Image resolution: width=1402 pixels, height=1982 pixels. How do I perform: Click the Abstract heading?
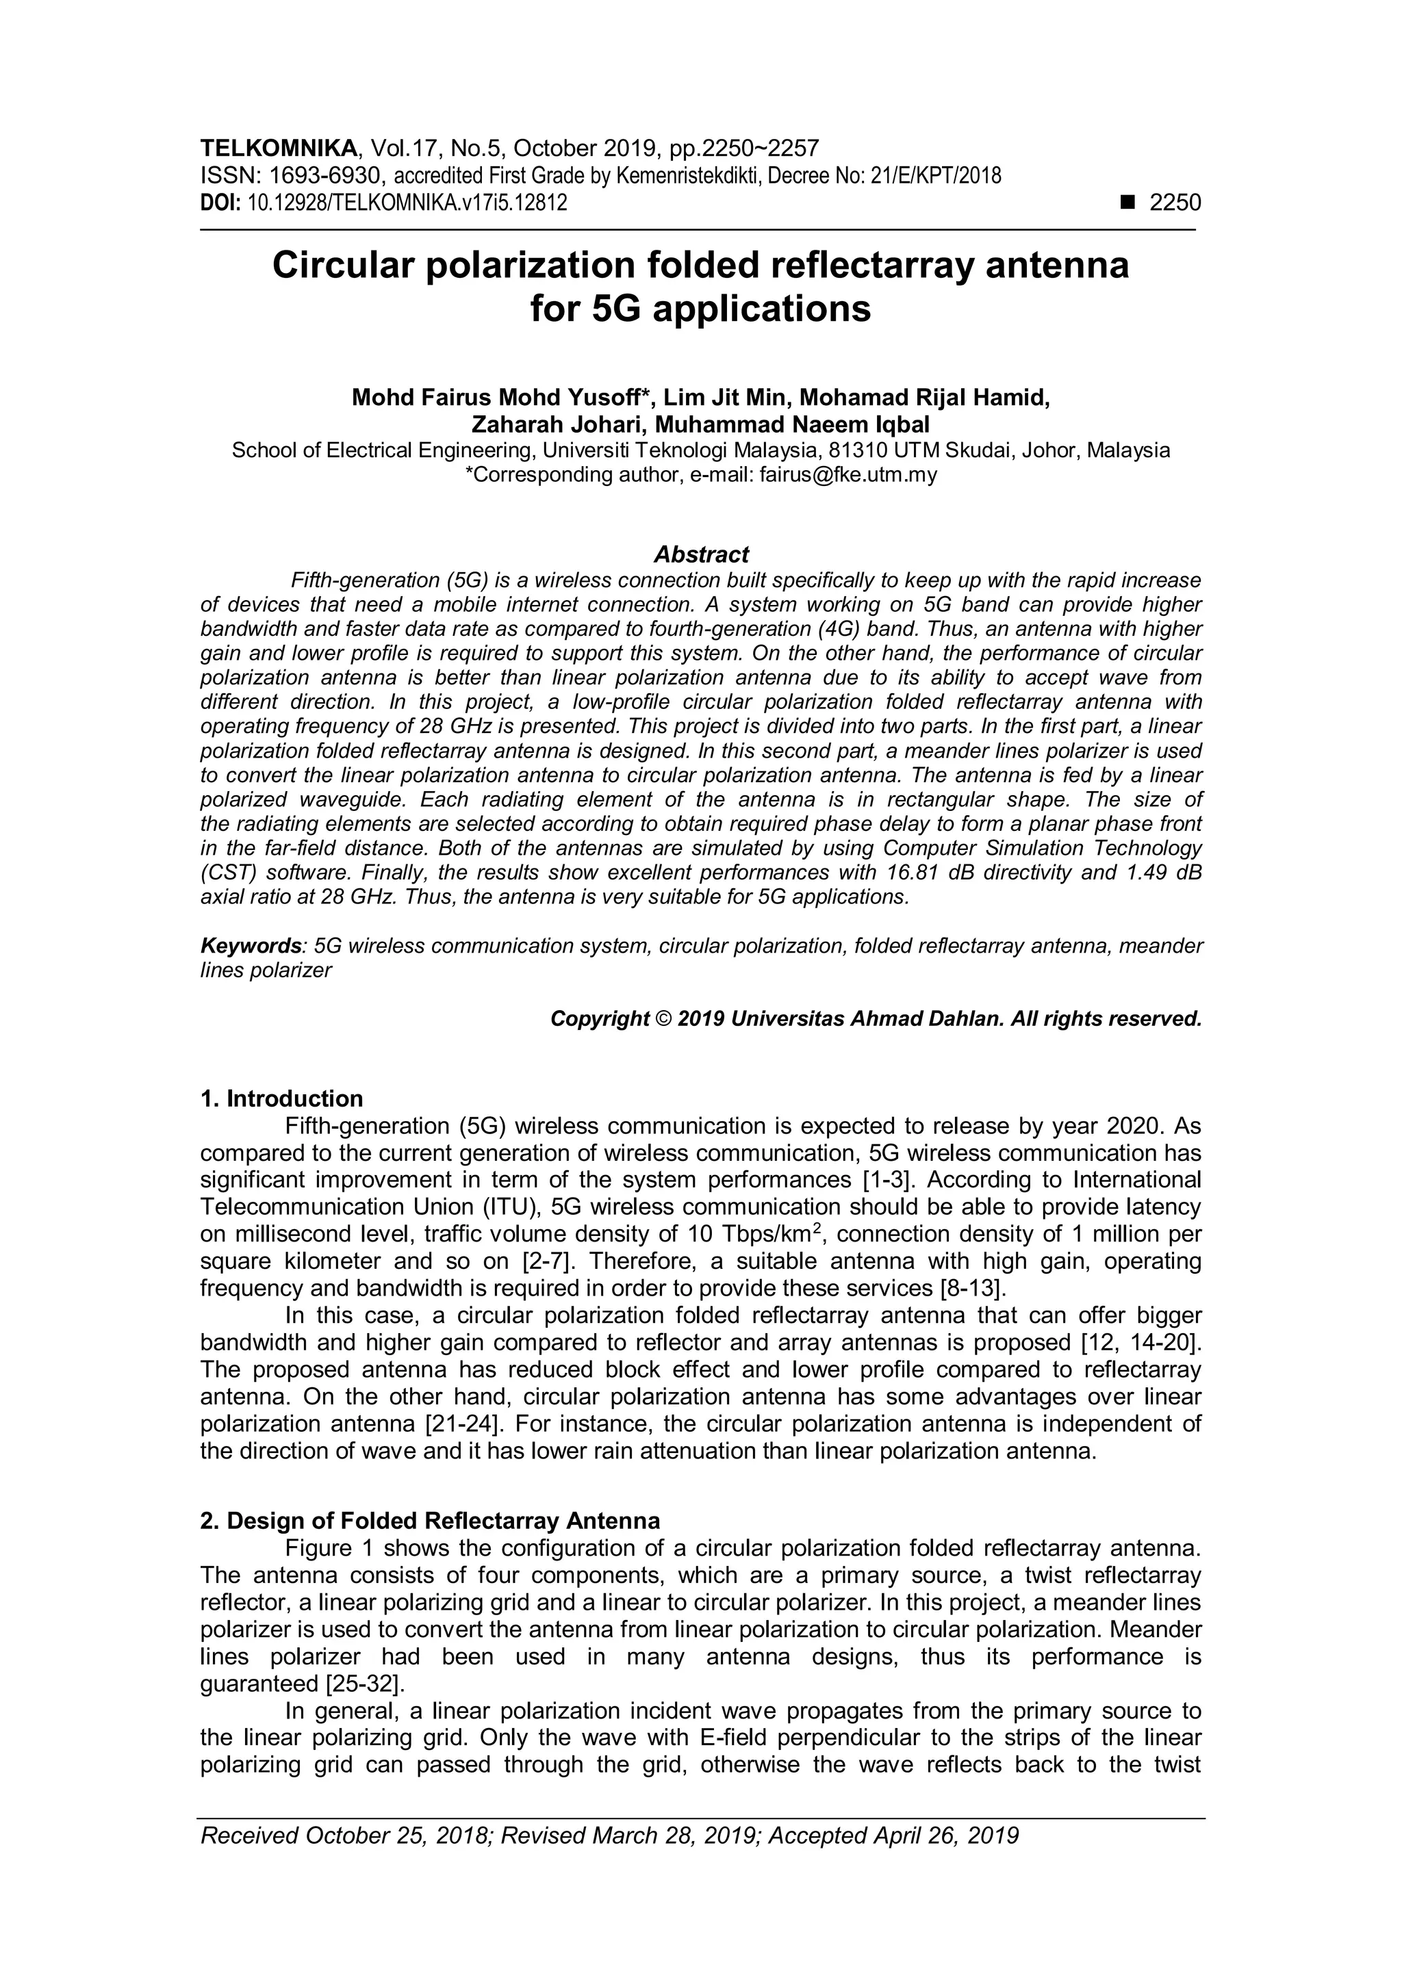(701, 554)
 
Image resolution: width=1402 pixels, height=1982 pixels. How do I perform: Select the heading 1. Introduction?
(281, 1099)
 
